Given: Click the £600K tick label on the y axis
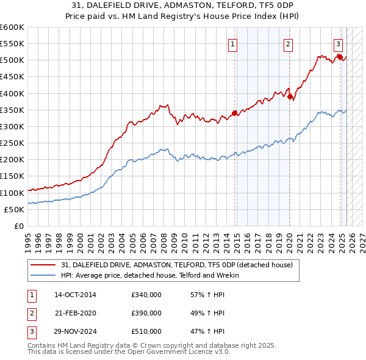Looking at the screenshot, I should click(x=12, y=27).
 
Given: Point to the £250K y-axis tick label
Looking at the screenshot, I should click(x=12, y=143).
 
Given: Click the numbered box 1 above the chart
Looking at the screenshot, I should click(x=234, y=43).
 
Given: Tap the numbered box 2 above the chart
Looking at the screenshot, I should click(x=287, y=43).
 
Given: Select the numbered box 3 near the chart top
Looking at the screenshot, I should click(x=337, y=43).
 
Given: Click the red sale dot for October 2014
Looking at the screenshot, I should click(x=235, y=113).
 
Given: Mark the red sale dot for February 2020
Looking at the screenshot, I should click(x=290, y=96).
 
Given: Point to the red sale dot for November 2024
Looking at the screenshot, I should click(x=340, y=57).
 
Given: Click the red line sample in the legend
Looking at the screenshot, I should click(x=43, y=265).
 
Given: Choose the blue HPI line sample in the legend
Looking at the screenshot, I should click(x=43, y=275).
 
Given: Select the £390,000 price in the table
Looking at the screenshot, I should click(x=146, y=313).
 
